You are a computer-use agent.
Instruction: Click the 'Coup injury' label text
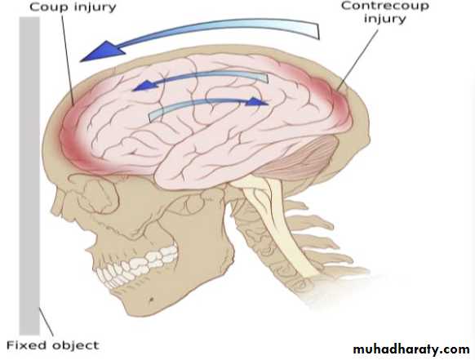point(73,7)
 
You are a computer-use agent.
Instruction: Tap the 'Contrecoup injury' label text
point(385,12)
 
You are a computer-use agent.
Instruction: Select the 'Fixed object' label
point(53,345)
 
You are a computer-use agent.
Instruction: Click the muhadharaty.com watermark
point(411,349)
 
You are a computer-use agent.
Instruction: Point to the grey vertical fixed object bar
point(29,176)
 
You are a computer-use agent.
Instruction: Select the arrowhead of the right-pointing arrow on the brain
point(257,102)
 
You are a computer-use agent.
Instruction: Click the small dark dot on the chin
point(151,300)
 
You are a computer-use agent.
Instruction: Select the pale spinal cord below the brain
point(282,224)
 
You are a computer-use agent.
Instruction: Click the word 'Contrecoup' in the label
point(385,6)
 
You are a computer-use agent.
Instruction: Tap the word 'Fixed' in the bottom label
point(26,345)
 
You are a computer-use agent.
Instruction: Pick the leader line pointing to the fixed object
point(46,322)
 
